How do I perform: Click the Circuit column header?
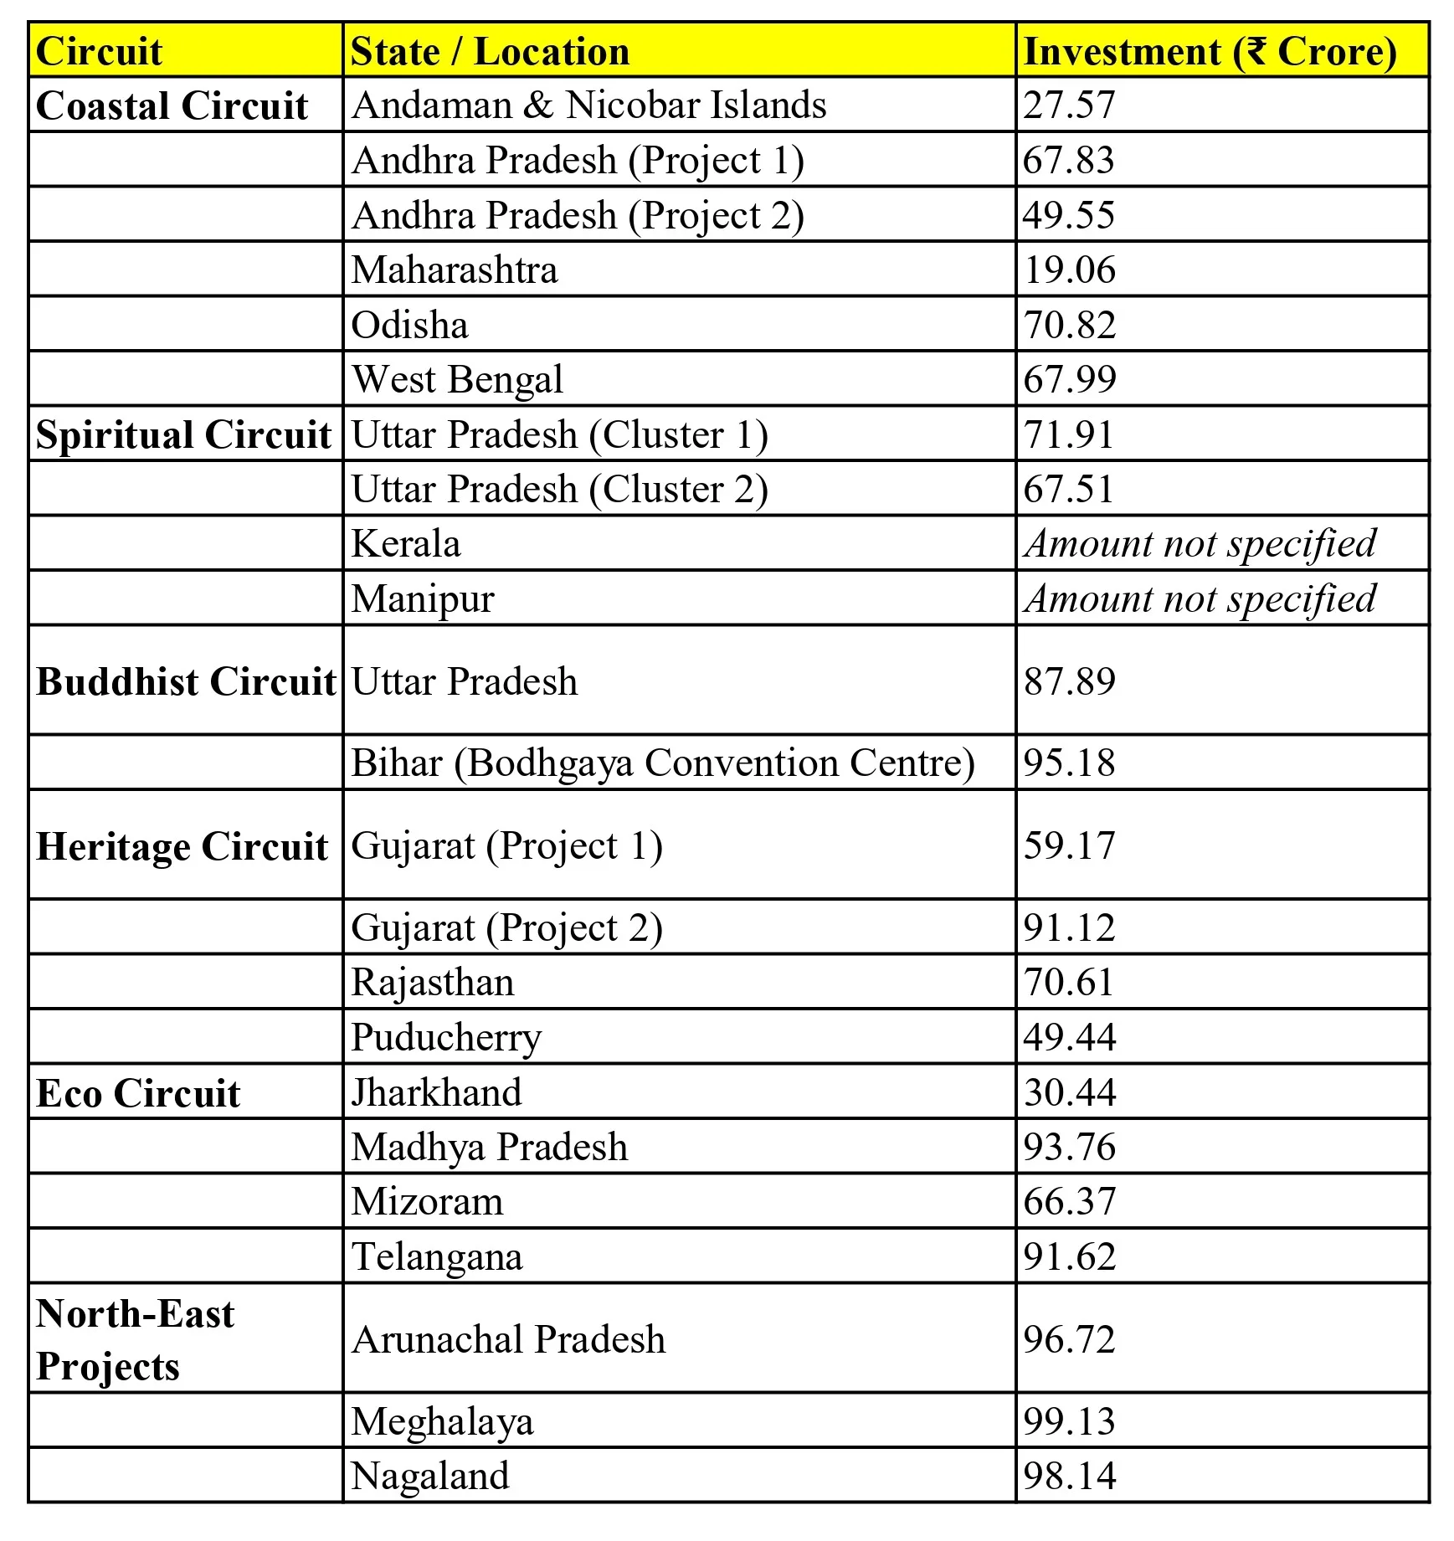point(99,51)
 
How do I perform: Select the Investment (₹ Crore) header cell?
point(1210,51)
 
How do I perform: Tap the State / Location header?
point(490,51)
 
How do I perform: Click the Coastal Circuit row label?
point(172,105)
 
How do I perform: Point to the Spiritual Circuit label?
point(183,434)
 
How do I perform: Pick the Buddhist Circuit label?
point(185,681)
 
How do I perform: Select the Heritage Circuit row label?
point(182,846)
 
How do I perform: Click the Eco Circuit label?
point(138,1093)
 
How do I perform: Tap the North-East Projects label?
point(135,1339)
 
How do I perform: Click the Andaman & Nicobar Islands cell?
point(588,105)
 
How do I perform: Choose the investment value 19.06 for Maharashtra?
point(1069,270)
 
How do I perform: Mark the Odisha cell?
point(409,325)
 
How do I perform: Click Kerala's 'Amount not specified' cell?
point(1200,544)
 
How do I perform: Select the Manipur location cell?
point(423,599)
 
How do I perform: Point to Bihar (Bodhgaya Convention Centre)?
point(662,763)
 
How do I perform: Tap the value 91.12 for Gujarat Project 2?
point(1069,927)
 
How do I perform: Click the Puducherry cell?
point(446,1037)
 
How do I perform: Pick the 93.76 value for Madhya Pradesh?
point(1069,1147)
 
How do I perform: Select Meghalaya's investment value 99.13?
point(1069,1421)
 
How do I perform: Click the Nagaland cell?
point(429,1476)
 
